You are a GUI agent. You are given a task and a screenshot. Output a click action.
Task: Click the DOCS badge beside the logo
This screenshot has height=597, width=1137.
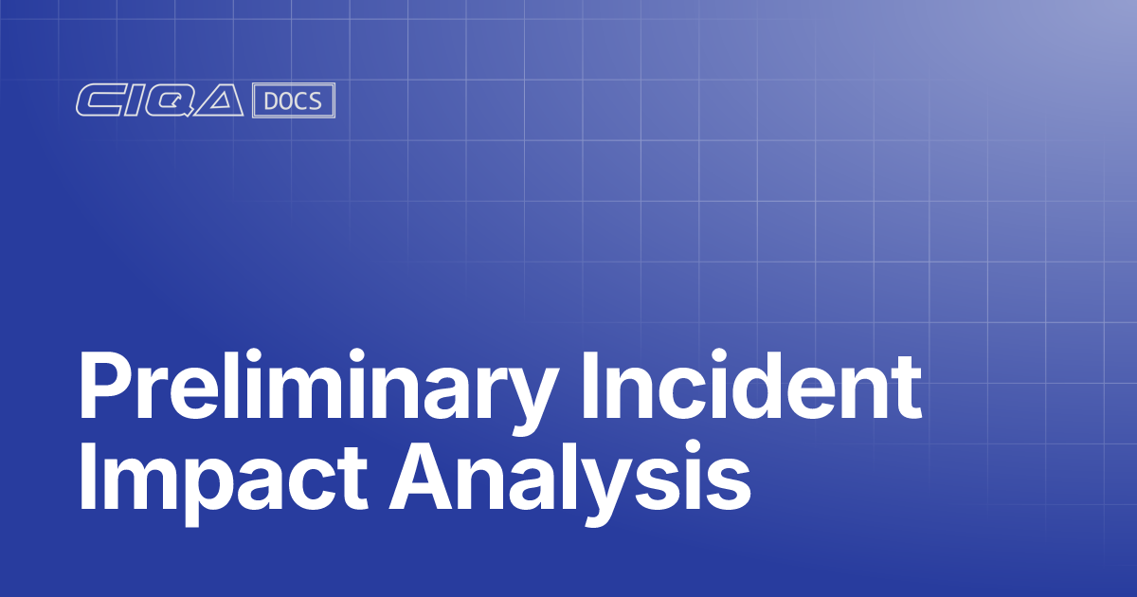coord(294,101)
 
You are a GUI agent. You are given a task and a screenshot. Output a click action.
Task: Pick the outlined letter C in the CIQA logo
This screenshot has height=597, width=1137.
coord(99,101)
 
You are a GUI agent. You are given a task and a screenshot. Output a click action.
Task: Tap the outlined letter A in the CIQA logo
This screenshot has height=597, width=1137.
coord(224,101)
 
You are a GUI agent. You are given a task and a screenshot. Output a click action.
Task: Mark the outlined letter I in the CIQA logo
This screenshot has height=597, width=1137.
coord(132,101)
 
